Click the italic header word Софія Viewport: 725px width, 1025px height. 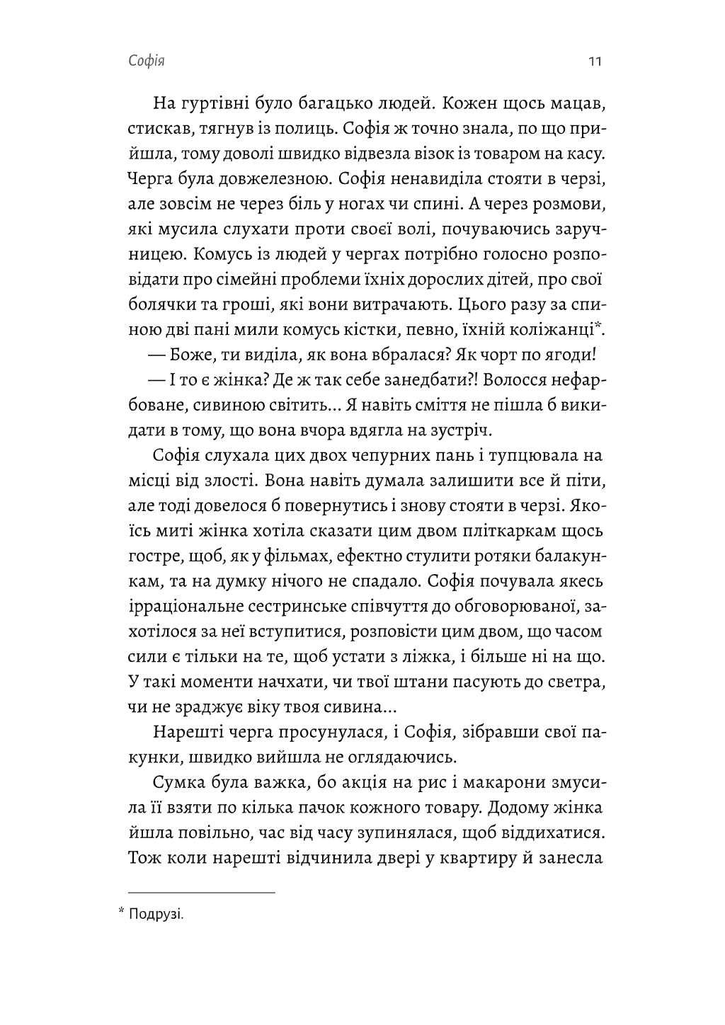(x=147, y=62)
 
